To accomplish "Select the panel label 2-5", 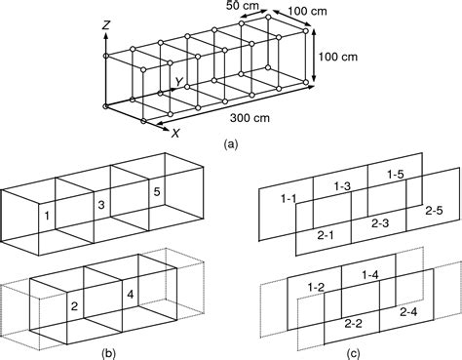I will point(433,210).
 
